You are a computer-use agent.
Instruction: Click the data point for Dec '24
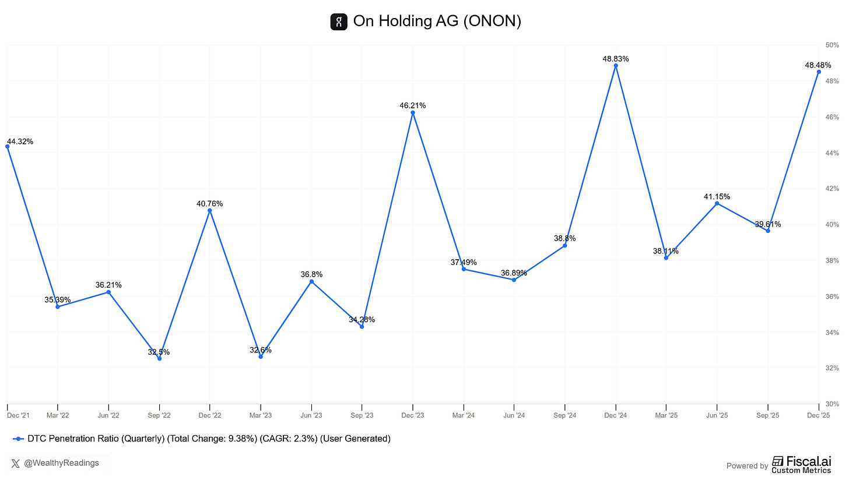[615, 66]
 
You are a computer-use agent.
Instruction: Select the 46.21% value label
[412, 105]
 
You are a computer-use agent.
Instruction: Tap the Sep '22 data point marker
[159, 358]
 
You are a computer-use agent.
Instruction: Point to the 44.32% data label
[20, 142]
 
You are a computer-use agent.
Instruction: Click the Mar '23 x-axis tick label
[261, 415]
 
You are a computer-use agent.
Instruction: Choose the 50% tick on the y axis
[832, 45]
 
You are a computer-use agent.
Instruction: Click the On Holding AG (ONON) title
[437, 22]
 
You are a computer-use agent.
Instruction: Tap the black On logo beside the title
[338, 22]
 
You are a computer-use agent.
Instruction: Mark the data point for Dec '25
[819, 72]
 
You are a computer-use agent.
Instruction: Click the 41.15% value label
[717, 196]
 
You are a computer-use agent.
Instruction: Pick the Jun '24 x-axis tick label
[514, 415]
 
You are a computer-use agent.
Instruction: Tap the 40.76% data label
[209, 203]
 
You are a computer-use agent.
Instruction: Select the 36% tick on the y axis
[832, 296]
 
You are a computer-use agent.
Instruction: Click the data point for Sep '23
[362, 327]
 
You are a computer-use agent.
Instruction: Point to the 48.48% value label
[818, 65]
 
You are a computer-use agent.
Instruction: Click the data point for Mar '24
[464, 269]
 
